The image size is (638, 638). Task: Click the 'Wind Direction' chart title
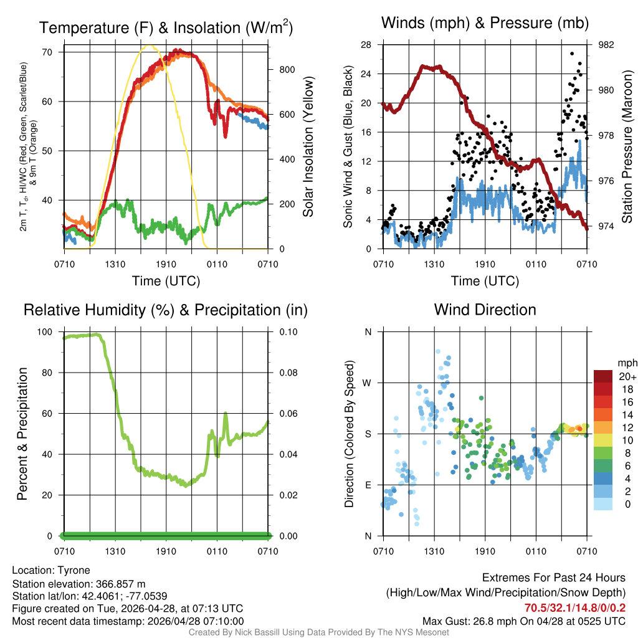tap(485, 310)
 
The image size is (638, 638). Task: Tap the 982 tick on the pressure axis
tap(606, 45)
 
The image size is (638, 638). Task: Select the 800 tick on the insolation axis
tap(287, 69)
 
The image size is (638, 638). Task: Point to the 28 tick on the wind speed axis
tap(366, 45)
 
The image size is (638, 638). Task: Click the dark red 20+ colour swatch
tap(603, 376)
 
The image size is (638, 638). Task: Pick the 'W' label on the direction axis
tap(368, 383)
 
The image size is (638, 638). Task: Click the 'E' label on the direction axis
tap(368, 485)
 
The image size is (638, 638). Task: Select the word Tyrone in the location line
tap(74, 570)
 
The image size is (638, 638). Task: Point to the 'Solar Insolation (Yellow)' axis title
tap(308, 147)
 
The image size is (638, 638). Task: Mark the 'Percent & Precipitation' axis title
tap(22, 434)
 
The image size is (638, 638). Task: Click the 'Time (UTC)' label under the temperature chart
tap(166, 281)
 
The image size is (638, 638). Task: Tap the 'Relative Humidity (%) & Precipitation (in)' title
tap(165, 310)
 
